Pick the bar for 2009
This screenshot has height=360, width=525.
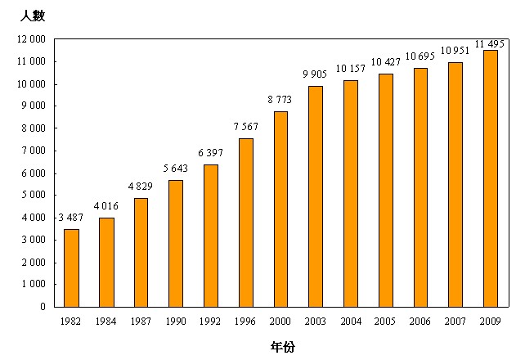(490, 178)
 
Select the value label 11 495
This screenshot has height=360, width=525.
(490, 43)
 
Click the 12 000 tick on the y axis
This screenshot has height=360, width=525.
(31, 39)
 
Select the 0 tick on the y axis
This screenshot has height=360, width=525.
(43, 307)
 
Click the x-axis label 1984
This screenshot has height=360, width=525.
(106, 322)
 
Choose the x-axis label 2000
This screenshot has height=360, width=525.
(280, 322)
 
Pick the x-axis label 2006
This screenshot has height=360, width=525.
(420, 322)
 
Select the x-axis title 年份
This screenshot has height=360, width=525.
(282, 346)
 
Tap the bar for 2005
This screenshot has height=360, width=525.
(385, 190)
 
